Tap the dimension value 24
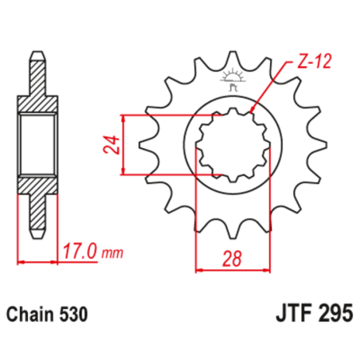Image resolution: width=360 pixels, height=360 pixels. tap(113, 143)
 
